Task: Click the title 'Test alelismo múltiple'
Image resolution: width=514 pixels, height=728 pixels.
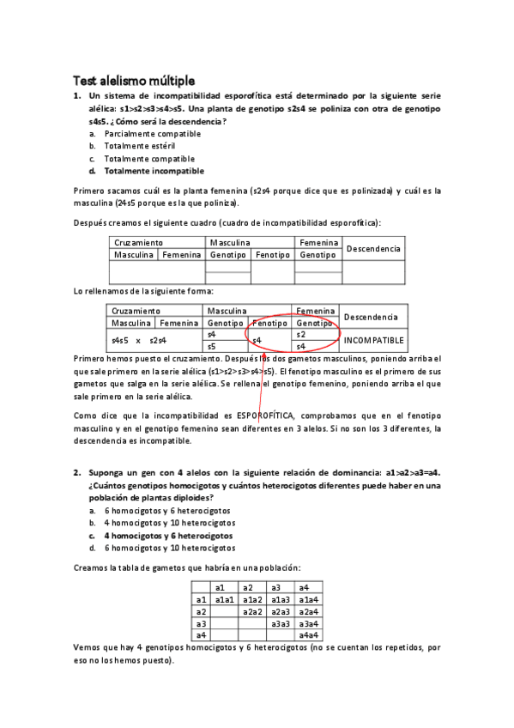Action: click(133, 80)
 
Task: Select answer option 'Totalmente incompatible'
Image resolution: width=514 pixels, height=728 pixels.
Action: click(148, 171)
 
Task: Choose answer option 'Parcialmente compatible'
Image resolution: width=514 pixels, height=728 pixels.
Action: click(152, 134)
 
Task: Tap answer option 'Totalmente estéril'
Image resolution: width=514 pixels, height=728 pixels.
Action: click(139, 146)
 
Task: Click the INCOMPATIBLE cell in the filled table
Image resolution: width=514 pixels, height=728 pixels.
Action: click(373, 340)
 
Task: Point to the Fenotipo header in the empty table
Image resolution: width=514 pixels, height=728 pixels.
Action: click(272, 255)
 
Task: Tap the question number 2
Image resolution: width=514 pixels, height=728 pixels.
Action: click(76, 473)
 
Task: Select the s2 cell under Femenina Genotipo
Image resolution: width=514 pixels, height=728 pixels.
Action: click(300, 335)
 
